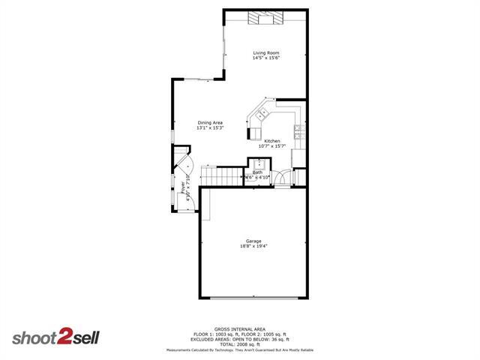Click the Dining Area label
click(x=210, y=123)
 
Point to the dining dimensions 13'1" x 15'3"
click(x=210, y=128)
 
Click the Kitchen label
click(x=272, y=141)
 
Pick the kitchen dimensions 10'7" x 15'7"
click(x=272, y=146)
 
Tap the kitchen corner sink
click(x=263, y=115)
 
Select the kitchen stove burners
click(x=298, y=133)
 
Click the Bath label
click(x=257, y=172)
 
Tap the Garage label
click(x=253, y=241)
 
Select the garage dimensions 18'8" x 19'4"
click(x=253, y=246)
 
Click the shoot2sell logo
click(x=54, y=338)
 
